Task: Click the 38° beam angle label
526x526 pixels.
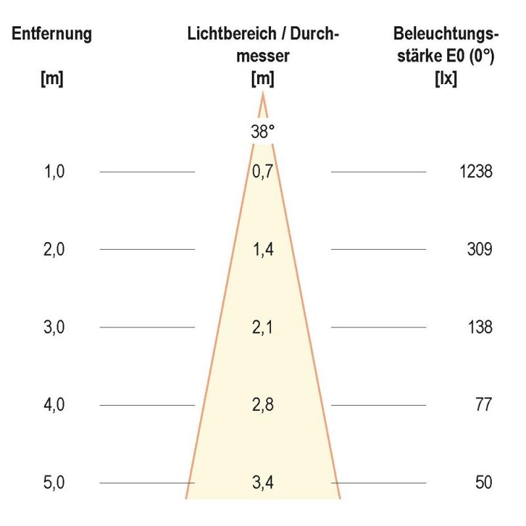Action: (262, 132)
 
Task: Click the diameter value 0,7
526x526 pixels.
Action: (262, 172)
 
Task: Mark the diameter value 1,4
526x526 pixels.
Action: (262, 250)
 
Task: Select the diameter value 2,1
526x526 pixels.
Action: (262, 327)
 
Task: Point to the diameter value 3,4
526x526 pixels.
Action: (262, 483)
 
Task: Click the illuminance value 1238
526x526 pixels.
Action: (476, 172)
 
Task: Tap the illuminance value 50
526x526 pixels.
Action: (483, 483)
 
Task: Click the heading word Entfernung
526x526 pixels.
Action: (52, 34)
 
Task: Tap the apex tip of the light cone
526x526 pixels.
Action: (262, 95)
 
